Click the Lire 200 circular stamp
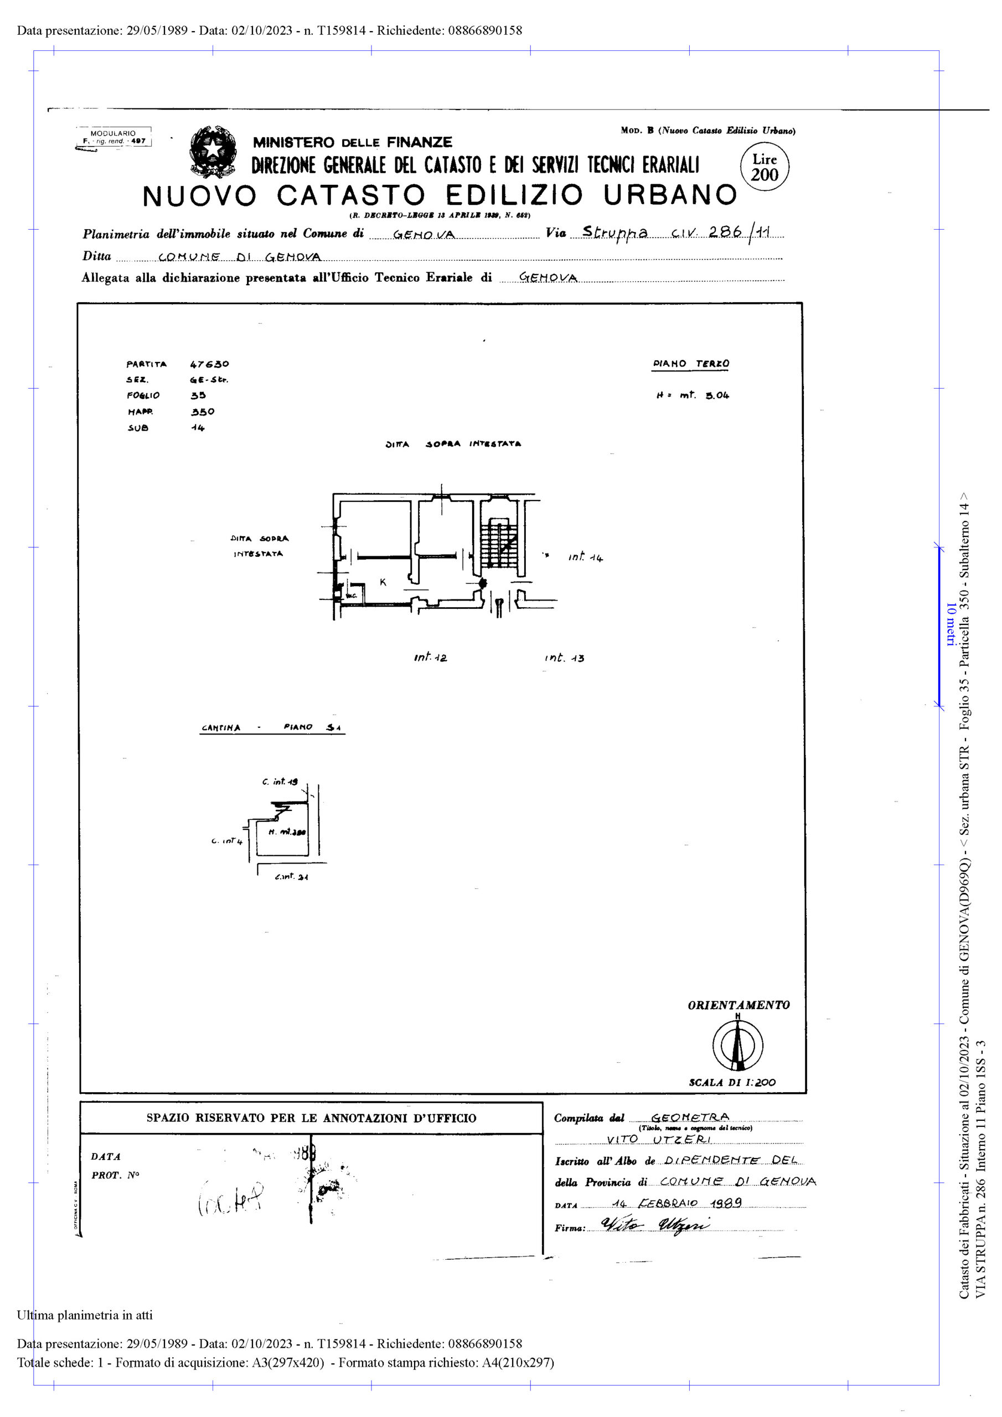765,167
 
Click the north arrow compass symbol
737,1046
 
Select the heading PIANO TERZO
691,364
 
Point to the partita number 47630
209,364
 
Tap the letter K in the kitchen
383,582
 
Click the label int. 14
585,557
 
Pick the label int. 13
564,658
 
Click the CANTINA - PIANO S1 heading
271,728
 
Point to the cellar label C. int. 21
291,876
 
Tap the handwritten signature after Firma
654,1225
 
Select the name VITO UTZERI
658,1139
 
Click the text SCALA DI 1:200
732,1082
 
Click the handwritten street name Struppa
615,232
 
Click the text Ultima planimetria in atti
85,1315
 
